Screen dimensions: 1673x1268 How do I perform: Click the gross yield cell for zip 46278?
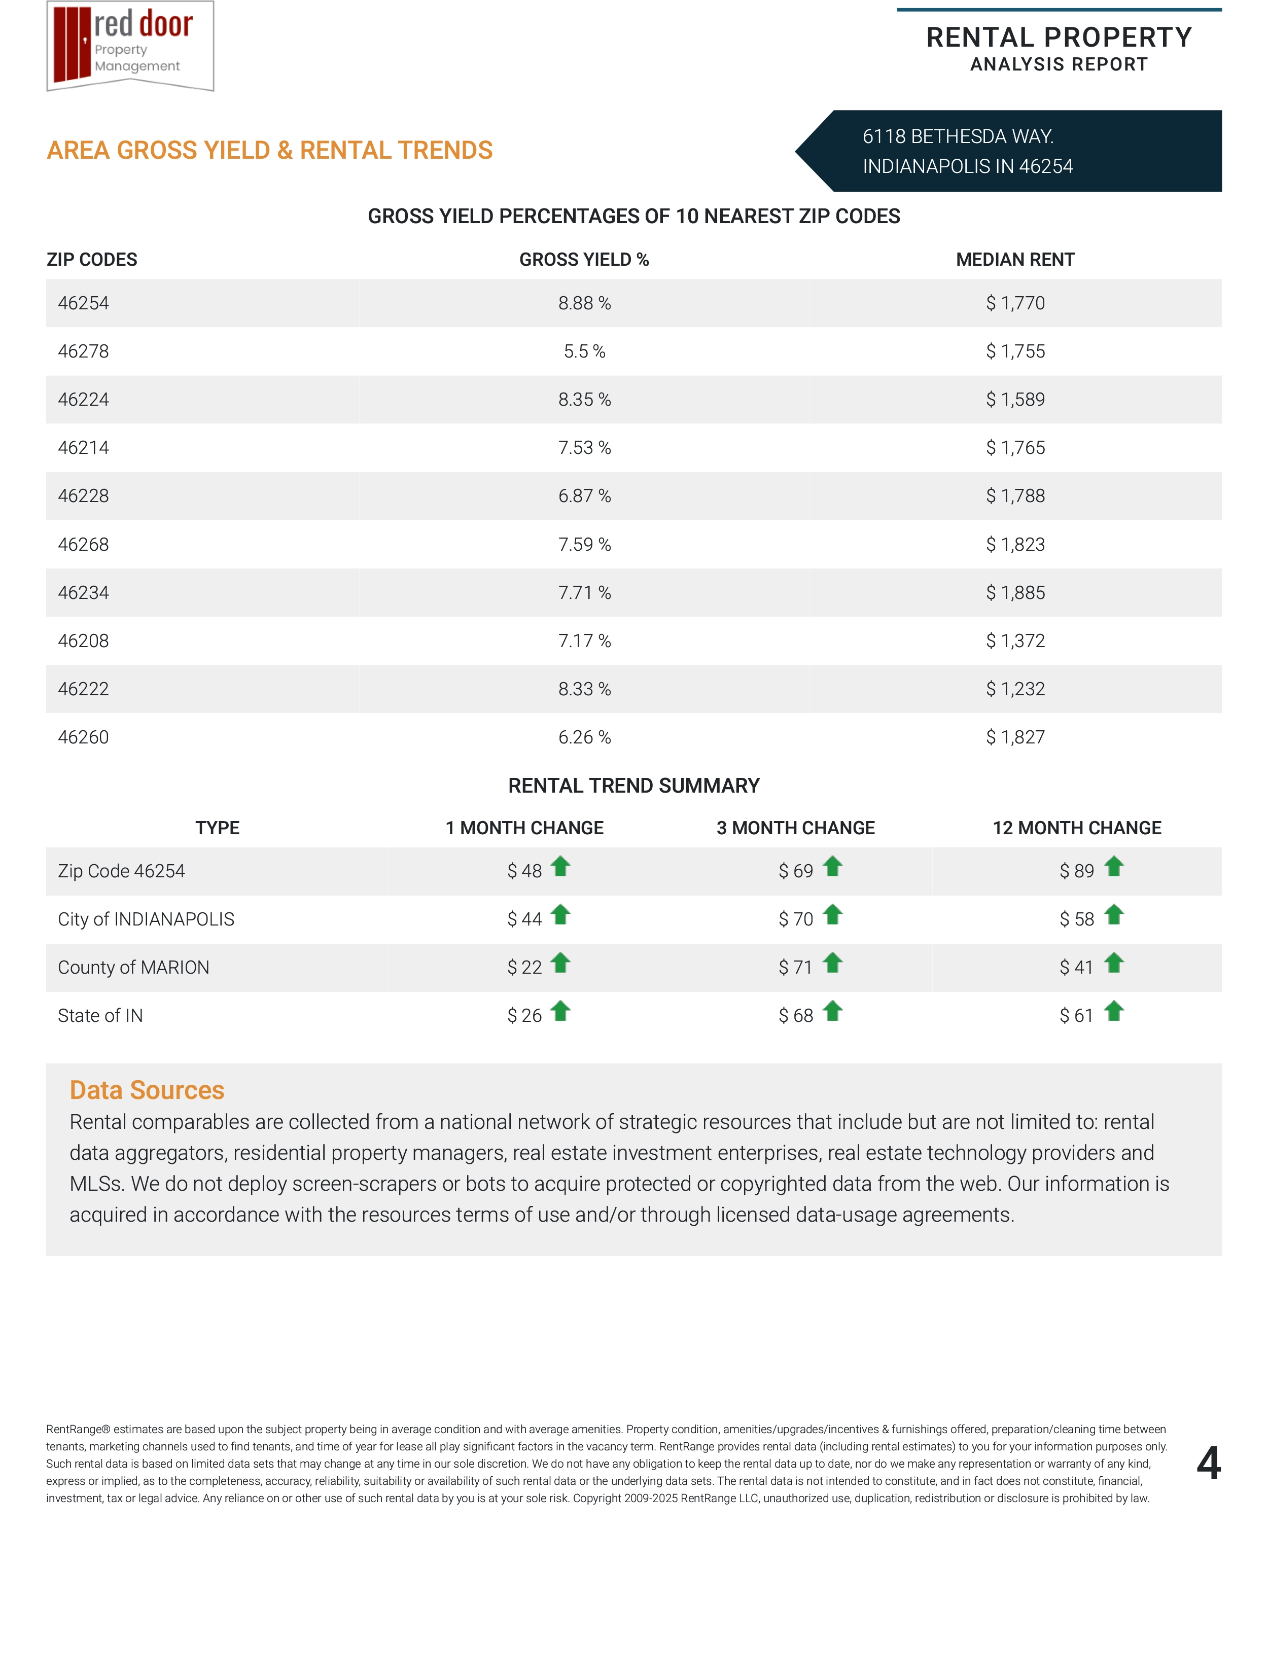pyautogui.click(x=584, y=352)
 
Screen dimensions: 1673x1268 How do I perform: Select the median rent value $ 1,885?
pyautogui.click(x=1014, y=593)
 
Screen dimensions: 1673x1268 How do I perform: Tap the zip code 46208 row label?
pyautogui.click(x=83, y=642)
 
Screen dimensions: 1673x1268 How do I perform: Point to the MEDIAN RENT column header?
pyautogui.click(x=1014, y=260)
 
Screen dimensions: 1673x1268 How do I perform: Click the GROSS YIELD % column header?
pyautogui.click(x=584, y=260)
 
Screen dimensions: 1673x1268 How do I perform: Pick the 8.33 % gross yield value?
pyautogui.click(x=584, y=690)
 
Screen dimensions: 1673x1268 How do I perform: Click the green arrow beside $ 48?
pyautogui.click(x=560, y=867)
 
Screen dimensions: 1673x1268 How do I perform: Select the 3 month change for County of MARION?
pyautogui.click(x=795, y=968)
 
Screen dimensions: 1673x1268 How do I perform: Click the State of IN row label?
pyautogui.click(x=100, y=1016)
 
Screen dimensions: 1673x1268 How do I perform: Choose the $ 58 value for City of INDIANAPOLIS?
pyautogui.click(x=1076, y=920)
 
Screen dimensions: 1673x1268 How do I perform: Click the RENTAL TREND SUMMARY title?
pyautogui.click(x=633, y=786)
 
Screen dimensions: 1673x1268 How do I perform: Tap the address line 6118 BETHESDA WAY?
pyautogui.click(x=958, y=137)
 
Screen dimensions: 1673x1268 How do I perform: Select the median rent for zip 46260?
pyautogui.click(x=1014, y=737)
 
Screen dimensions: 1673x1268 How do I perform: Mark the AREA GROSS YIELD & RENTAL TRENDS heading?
pyautogui.click(x=269, y=151)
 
